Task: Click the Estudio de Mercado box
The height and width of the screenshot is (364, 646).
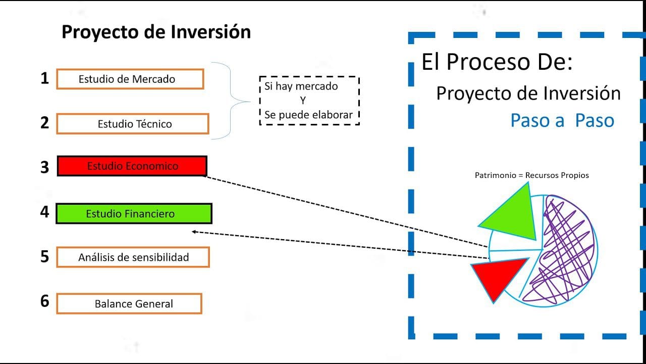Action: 130,79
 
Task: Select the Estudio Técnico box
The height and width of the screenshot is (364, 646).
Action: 132,124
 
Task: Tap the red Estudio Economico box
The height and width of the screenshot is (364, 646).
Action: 132,166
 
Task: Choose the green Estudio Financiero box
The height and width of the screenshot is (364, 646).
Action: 134,213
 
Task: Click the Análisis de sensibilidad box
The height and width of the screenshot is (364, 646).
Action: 133,257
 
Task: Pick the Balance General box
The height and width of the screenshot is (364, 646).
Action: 129,303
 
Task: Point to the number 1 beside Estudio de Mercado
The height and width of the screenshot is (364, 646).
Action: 45,78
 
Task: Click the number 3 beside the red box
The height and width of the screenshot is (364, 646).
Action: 45,167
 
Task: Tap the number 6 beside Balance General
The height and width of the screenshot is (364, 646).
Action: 45,301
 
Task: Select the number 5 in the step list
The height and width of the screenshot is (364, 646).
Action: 45,256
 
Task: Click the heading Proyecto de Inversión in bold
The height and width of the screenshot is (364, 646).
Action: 156,32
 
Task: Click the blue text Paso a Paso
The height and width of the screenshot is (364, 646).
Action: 562,120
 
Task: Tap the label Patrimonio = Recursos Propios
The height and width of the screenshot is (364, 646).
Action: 532,175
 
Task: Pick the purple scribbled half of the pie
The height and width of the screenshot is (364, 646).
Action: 565,248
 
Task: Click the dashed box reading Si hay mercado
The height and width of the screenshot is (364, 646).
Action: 309,101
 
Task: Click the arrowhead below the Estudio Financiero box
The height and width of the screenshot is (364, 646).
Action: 194,232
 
